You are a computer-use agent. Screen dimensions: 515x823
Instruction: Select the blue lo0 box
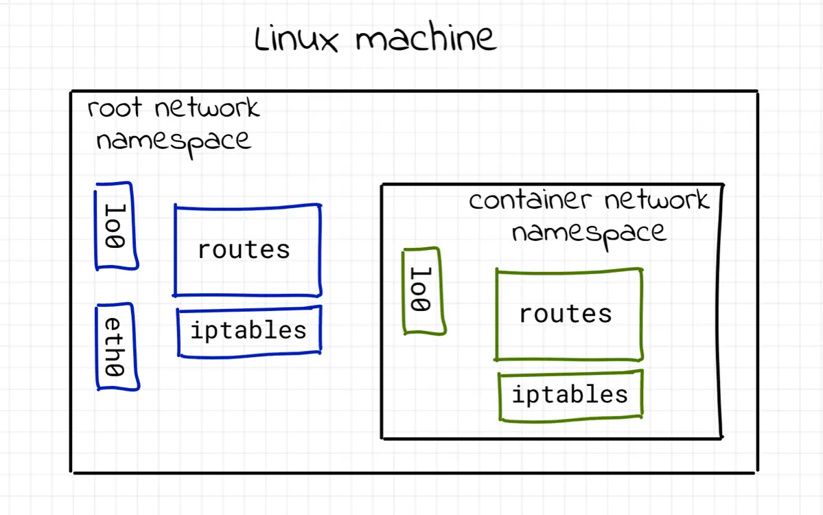click(116, 226)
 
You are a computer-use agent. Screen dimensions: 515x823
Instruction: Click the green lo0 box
click(423, 291)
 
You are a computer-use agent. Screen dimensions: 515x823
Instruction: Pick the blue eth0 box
click(116, 347)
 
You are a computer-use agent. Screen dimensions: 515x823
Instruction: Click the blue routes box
click(247, 250)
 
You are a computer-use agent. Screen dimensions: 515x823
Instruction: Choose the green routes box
click(568, 314)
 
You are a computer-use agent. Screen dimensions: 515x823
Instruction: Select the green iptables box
click(570, 395)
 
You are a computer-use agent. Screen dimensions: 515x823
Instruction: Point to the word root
click(115, 108)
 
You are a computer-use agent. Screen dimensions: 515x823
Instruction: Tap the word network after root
click(207, 108)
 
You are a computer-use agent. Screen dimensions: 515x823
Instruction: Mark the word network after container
click(656, 201)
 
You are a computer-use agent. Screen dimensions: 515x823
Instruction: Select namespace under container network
click(589, 233)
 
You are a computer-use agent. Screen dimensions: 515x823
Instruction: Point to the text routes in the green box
click(565, 314)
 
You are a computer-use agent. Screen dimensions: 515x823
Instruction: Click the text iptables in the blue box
click(248, 331)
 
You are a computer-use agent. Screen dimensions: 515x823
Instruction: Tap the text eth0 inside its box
click(114, 347)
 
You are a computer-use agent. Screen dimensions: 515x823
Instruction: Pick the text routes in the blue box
click(244, 250)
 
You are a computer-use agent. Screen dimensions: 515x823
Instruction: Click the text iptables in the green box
click(570, 395)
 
